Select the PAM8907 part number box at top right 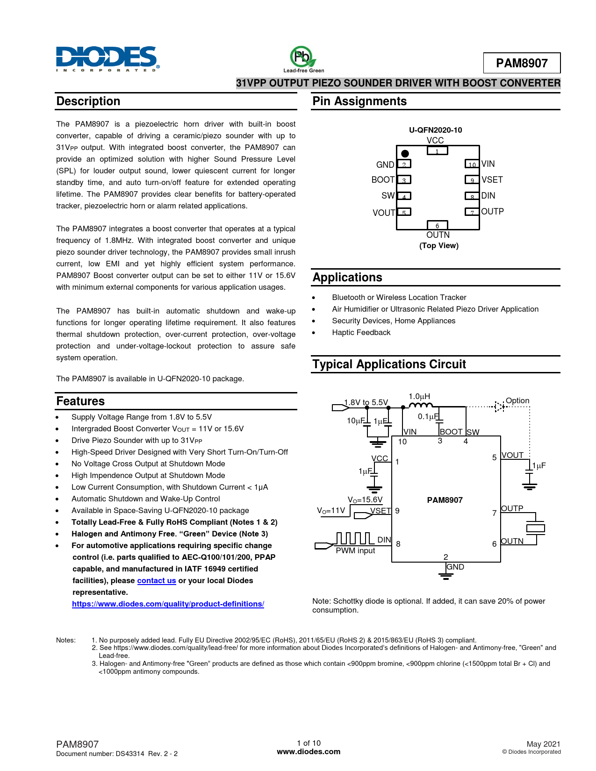click(521, 63)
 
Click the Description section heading click(88, 101)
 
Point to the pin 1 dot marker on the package click(405, 154)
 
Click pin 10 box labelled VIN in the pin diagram click(472, 164)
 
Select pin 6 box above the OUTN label click(438, 225)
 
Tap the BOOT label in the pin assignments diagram click(383, 180)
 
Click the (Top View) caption click(438, 246)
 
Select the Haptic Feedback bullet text click(361, 333)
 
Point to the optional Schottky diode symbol click(500, 407)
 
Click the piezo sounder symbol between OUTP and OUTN click(536, 528)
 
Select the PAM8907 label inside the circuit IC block click(445, 500)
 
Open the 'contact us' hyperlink click(157, 581)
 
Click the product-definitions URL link click(168, 604)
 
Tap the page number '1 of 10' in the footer click(309, 743)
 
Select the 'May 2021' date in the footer click(543, 744)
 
